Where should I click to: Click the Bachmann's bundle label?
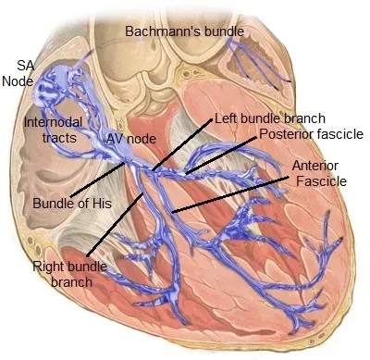coord(185,31)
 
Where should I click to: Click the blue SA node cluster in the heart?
coord(52,88)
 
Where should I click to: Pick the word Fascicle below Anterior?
coord(320,182)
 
